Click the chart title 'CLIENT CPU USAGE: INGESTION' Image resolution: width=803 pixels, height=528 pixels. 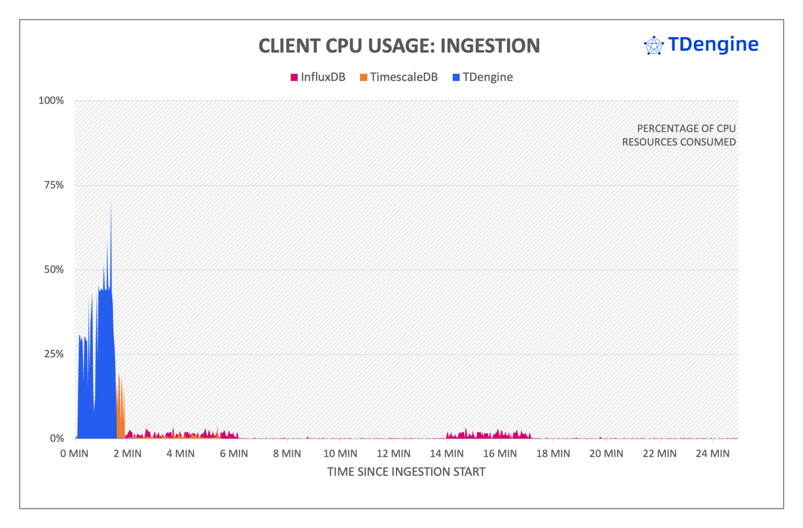pyautogui.click(x=399, y=46)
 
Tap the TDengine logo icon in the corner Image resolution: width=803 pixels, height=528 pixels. pyautogui.click(x=654, y=45)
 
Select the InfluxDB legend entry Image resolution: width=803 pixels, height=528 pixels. pyautogui.click(x=317, y=77)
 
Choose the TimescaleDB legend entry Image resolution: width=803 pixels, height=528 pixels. pyautogui.click(x=398, y=77)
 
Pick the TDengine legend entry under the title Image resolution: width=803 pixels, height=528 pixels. pyautogui.click(x=482, y=77)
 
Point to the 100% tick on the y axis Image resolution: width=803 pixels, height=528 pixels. pyautogui.click(x=52, y=100)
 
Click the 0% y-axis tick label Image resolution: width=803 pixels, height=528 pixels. pyautogui.click(x=56, y=438)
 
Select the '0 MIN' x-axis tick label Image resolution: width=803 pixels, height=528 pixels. pyautogui.click(x=75, y=453)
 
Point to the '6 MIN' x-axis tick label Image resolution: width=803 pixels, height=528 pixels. pyautogui.click(x=234, y=453)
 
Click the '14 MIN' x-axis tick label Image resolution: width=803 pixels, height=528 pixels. pyautogui.click(x=446, y=453)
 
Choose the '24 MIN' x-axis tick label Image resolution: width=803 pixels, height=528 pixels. pyautogui.click(x=712, y=453)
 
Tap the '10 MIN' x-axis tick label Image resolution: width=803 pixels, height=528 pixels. pyautogui.click(x=340, y=453)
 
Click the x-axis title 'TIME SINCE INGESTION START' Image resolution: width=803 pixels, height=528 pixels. pyautogui.click(x=406, y=472)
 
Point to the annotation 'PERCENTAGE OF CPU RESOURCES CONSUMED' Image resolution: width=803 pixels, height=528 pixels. pyautogui.click(x=679, y=135)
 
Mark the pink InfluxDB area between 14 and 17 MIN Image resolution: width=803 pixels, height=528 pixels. pyautogui.click(x=489, y=435)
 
